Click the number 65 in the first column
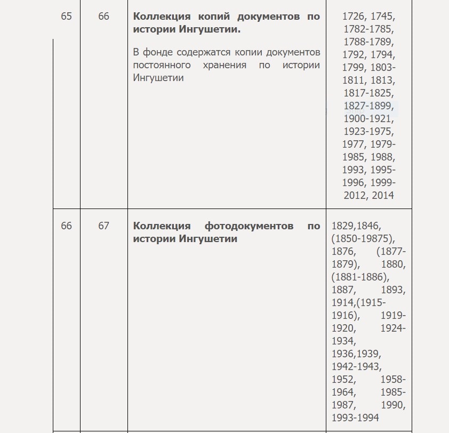point(66,17)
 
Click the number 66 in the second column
point(103,17)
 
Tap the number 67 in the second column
point(103,226)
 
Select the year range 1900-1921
point(366,119)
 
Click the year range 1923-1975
point(366,132)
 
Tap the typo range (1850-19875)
point(362,239)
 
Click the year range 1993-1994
point(355,418)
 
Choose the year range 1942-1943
point(355,367)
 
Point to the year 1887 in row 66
point(342,290)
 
